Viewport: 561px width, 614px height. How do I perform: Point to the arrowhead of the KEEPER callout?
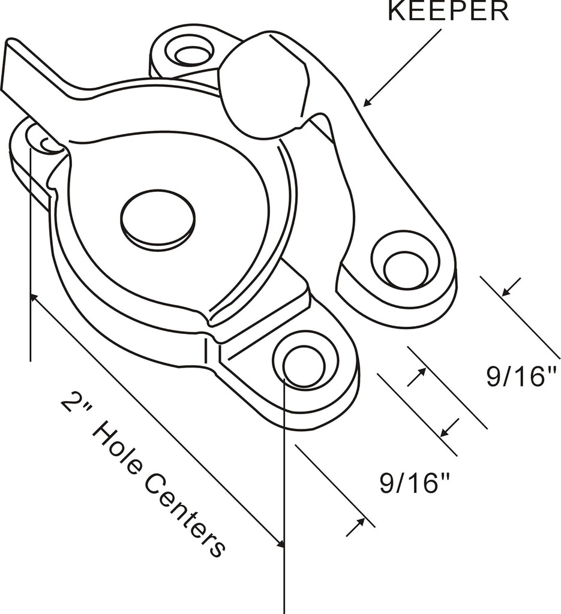367,104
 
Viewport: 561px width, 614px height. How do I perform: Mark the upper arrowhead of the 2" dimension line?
34,297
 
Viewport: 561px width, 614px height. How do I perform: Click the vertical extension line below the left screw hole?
30,252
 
